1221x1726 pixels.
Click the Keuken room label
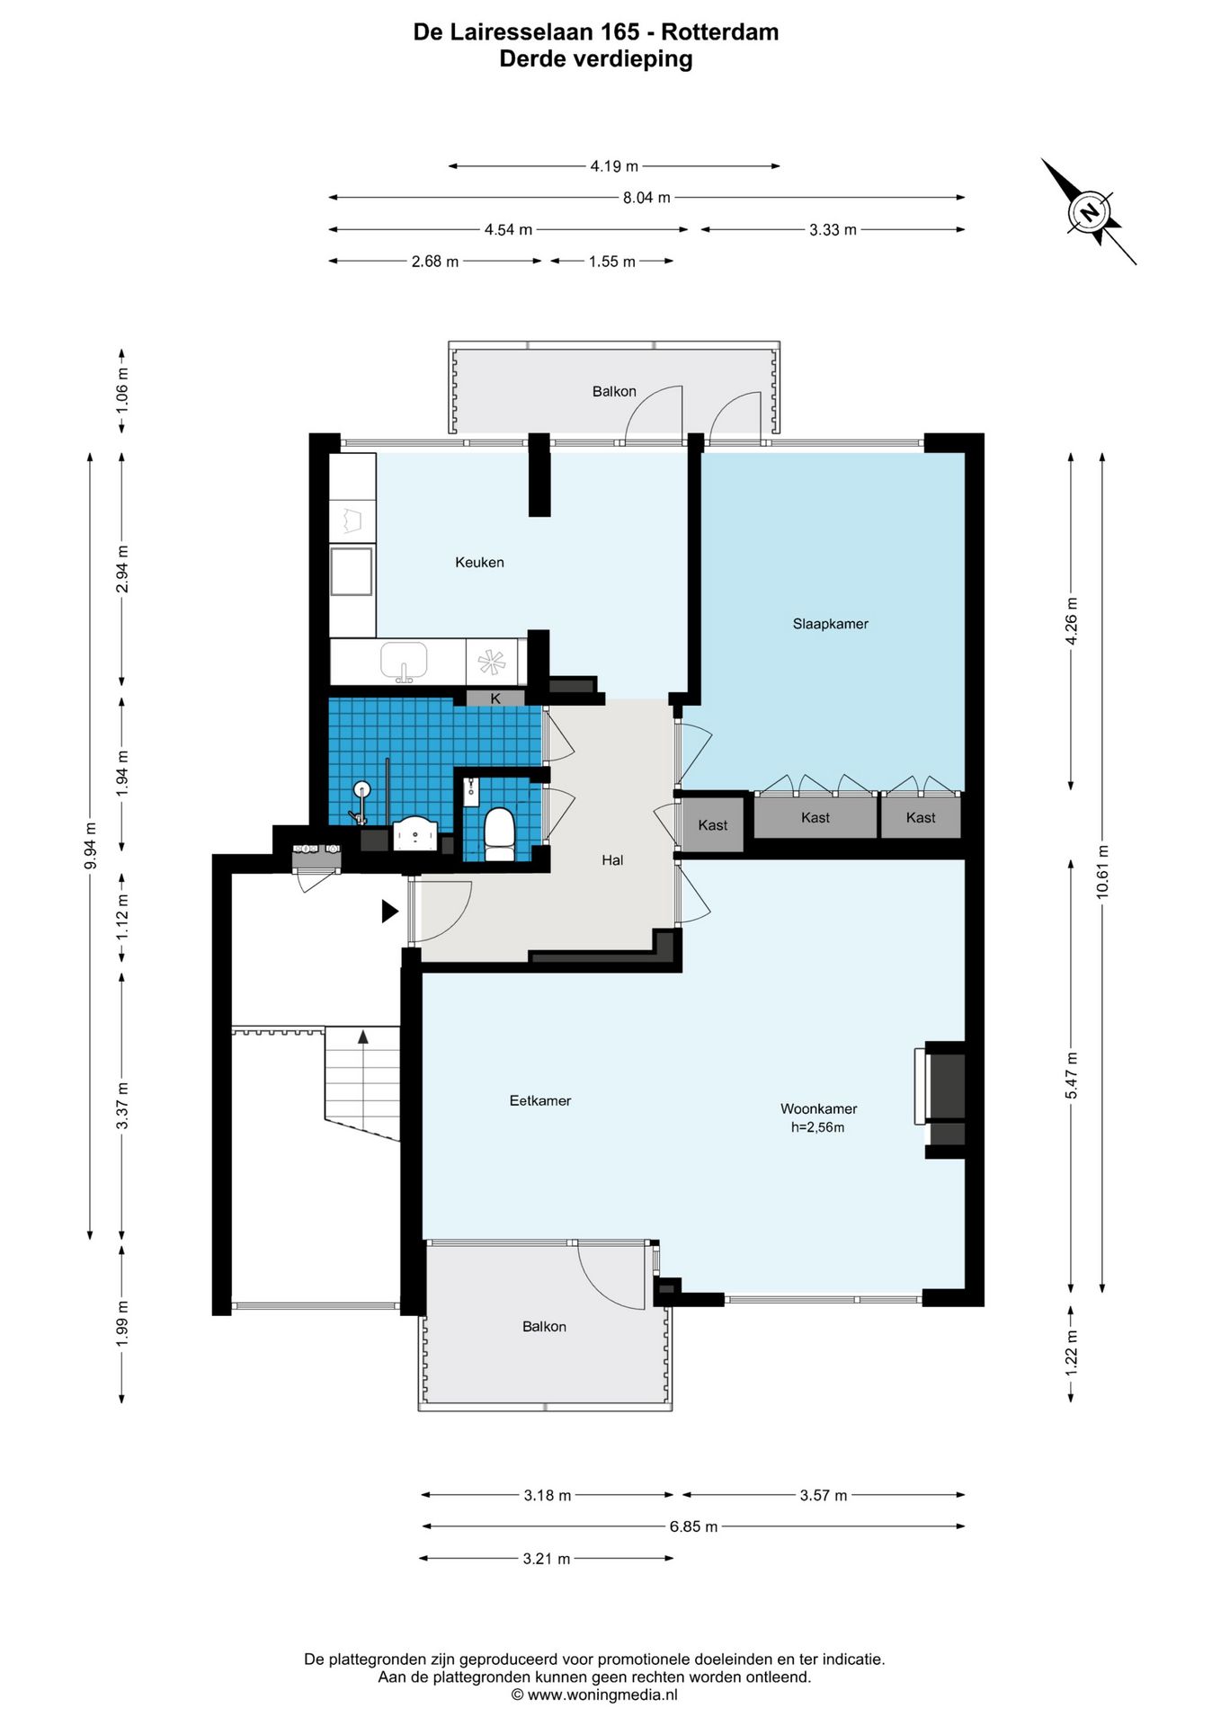(479, 563)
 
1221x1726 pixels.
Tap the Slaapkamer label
(830, 624)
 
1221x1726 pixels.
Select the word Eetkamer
(539, 1100)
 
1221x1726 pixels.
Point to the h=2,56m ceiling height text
(817, 1127)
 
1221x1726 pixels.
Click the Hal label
(612, 860)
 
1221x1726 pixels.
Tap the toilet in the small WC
(499, 833)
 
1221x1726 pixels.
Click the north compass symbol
(1089, 212)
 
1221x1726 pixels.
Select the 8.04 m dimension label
(646, 198)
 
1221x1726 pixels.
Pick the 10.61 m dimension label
(1102, 872)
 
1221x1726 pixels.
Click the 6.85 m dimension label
(693, 1526)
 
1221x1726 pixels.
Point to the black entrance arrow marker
(389, 911)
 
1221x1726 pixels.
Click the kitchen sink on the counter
(403, 662)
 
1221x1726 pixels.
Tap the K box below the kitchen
(495, 698)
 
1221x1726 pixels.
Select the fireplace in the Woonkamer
(940, 1099)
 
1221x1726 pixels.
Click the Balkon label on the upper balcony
(614, 392)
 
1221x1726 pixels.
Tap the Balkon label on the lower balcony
(544, 1327)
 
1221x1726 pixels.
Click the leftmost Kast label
(713, 825)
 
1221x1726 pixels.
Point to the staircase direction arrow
(363, 1036)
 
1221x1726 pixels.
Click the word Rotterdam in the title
(720, 32)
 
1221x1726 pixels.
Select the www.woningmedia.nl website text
(602, 1695)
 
